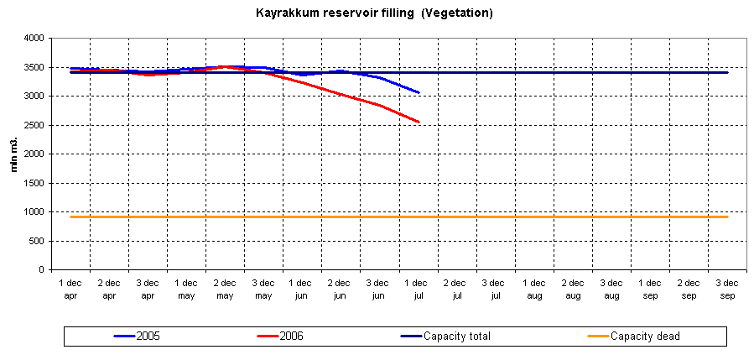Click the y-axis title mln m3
(13, 154)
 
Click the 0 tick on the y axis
(39, 270)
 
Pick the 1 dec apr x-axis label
(70, 290)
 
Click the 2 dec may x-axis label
(225, 290)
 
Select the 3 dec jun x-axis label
(379, 290)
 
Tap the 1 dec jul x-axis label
(418, 290)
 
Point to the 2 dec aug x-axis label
(573, 290)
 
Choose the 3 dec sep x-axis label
(727, 290)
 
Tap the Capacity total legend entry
(457, 337)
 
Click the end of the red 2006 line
(419, 123)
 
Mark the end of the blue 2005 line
(419, 92)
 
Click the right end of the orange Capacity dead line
(727, 217)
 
